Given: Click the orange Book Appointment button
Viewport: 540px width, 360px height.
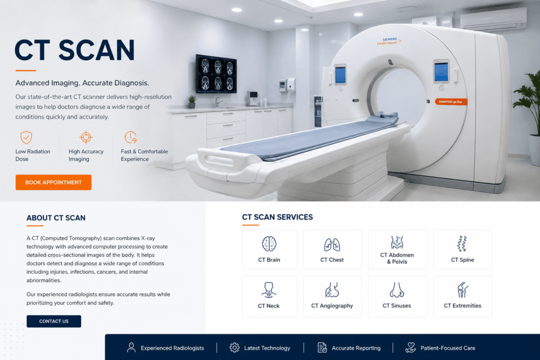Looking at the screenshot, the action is click(53, 182).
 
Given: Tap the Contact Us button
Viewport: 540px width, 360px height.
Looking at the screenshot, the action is click(54, 321).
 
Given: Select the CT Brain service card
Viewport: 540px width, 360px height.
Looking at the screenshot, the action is click(269, 249).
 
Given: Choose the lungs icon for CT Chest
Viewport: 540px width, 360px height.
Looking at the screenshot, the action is click(332, 245).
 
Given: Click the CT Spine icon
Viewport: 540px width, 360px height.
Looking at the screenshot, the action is click(462, 244).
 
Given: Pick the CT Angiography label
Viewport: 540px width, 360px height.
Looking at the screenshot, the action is click(332, 306).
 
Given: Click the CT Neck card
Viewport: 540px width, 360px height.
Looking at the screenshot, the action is click(269, 296).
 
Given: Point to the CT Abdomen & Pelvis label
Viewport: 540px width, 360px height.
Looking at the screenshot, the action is click(397, 258).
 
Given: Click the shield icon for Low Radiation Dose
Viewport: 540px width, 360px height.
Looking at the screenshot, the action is click(26, 138).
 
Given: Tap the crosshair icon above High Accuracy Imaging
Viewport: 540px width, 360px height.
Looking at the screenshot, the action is click(86, 138).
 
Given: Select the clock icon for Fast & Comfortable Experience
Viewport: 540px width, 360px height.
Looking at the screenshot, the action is click(131, 137).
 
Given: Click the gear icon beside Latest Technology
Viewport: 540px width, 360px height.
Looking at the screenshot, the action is click(235, 347).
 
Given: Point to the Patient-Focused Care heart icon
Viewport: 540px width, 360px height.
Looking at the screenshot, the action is click(410, 347).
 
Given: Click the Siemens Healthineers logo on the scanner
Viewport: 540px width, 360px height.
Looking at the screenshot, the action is click(389, 41).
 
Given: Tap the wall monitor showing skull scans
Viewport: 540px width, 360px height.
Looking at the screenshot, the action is click(216, 74).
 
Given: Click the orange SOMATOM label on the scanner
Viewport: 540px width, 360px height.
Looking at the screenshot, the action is click(451, 102).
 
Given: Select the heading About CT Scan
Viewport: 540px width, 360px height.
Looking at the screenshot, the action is click(56, 218).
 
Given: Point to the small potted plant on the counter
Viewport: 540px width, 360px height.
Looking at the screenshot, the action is click(191, 102).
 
